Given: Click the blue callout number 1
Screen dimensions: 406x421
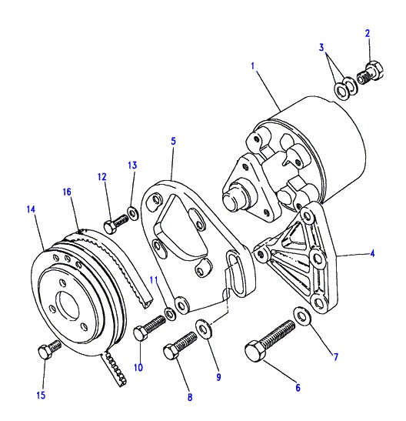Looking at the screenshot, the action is click(253, 65).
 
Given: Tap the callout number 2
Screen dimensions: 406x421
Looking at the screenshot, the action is click(368, 33).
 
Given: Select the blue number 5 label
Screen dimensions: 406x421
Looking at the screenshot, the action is click(174, 141).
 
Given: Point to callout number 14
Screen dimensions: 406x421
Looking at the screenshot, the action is click(31, 209).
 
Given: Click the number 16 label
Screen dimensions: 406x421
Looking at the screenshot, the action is click(67, 192).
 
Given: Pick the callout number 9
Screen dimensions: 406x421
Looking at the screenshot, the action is click(219, 377).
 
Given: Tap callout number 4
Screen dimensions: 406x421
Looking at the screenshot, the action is click(372, 253).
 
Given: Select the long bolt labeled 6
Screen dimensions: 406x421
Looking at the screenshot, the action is click(269, 339).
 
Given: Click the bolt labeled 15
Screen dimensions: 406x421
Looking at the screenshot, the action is click(49, 349).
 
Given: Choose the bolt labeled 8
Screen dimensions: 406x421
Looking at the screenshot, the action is click(180, 346).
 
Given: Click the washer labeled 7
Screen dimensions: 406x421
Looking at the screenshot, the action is click(302, 316).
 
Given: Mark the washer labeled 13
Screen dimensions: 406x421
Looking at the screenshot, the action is click(132, 213).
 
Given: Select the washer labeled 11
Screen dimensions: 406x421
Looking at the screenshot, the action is click(170, 313).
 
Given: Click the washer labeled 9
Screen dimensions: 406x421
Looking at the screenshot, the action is click(205, 329).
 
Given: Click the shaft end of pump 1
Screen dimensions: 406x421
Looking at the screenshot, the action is click(233, 197).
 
